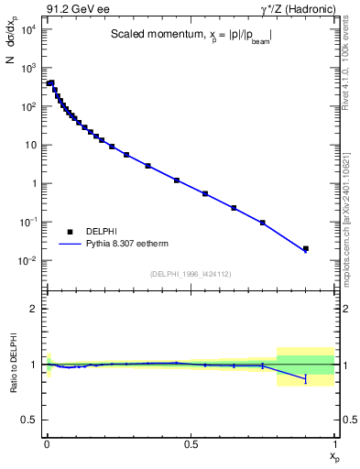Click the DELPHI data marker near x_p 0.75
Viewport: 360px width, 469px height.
[263, 223]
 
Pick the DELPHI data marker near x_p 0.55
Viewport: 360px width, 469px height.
[205, 193]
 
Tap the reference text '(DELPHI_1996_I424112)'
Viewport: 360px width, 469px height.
[190, 274]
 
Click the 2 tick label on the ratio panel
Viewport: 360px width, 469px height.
[34, 309]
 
